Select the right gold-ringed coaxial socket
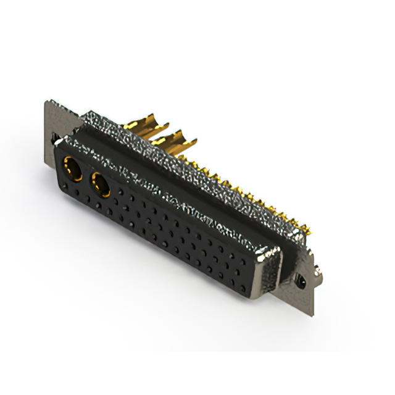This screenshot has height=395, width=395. tap(100, 184)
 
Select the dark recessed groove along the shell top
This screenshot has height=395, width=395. tap(185, 185)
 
